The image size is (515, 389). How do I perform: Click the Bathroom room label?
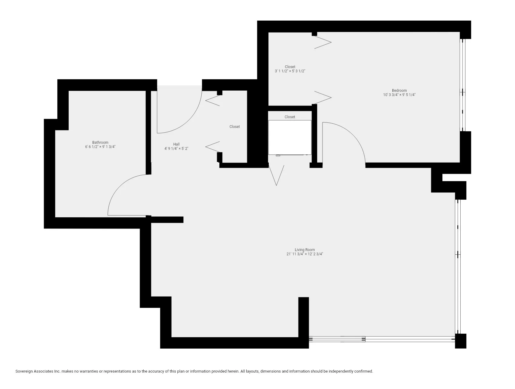point(100,143)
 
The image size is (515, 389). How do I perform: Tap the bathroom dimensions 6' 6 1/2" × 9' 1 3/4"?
point(100,147)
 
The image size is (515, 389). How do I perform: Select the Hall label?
point(176,144)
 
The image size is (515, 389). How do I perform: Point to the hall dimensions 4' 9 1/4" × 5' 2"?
point(176,149)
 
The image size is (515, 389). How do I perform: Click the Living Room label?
point(305,250)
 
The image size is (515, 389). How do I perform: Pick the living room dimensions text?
point(305,254)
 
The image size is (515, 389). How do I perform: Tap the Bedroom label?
point(399,91)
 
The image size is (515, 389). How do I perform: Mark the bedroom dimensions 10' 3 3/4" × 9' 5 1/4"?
point(399,95)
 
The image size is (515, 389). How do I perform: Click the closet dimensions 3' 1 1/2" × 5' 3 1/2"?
point(290,71)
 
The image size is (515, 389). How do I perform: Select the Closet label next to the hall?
point(234,127)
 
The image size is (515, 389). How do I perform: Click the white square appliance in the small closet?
point(290,137)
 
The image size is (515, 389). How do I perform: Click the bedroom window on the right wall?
point(463,85)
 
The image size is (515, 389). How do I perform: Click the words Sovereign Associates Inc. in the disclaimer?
point(38,371)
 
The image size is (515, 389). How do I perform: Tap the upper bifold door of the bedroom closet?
point(323,43)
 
